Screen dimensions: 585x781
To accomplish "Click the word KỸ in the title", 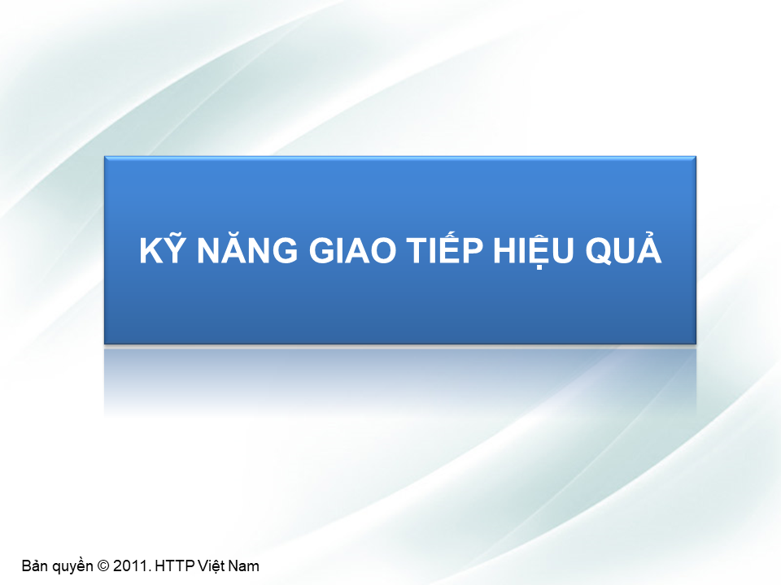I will (159, 252).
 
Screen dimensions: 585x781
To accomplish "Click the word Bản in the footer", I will (36, 565).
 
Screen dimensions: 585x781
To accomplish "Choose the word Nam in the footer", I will (246, 565).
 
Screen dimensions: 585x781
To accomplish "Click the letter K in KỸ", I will (149, 252).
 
